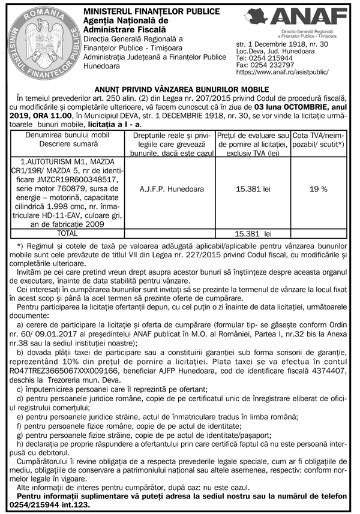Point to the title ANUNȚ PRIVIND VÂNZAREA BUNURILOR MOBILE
coord(181,89)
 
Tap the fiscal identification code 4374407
coord(327,371)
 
